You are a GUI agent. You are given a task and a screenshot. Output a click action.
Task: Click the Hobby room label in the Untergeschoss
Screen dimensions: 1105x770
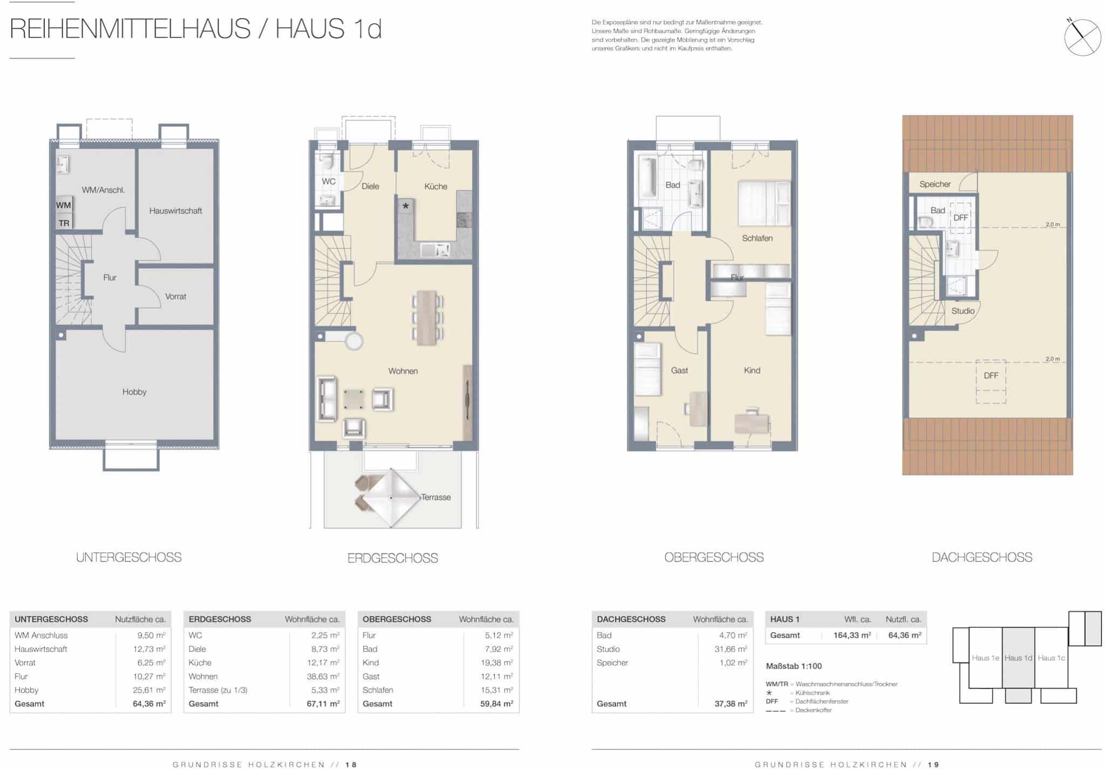134,392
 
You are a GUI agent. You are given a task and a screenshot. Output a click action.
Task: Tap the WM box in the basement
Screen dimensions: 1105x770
64,205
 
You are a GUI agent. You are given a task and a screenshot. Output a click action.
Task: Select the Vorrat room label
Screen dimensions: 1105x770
175,296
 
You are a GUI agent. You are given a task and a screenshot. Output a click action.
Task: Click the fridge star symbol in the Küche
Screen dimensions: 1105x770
406,206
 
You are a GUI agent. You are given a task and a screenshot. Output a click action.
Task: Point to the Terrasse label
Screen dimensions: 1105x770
436,497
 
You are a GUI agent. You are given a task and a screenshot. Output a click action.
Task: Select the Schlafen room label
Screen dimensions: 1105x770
757,238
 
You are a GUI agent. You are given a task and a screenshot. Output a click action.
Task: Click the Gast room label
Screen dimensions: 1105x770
679,370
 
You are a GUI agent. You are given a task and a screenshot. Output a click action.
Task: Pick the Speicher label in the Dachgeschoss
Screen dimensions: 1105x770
935,184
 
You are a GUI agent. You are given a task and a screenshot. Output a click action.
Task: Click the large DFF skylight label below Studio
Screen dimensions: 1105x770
991,376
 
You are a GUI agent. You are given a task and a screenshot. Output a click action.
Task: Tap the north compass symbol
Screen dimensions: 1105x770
1082,37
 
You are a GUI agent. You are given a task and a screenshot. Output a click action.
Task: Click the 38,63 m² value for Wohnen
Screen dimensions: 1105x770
323,677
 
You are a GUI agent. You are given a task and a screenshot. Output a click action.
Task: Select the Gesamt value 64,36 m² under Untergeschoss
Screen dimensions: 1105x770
149,704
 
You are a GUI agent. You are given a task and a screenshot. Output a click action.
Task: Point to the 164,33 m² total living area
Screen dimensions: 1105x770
852,636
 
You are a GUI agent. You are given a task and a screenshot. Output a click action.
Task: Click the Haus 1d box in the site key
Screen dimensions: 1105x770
1019,658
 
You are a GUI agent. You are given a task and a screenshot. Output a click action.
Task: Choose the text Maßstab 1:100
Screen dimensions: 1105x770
794,666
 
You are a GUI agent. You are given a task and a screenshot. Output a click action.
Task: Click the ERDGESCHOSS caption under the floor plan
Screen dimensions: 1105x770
393,558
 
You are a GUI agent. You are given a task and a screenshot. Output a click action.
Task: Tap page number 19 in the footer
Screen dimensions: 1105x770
933,765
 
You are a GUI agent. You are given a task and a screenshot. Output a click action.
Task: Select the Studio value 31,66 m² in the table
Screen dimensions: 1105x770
731,650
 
